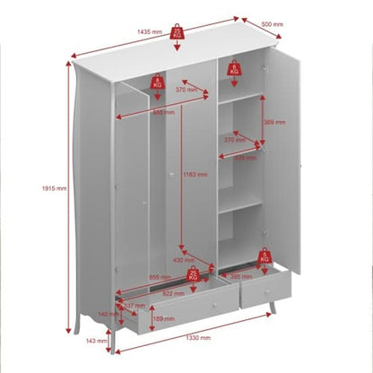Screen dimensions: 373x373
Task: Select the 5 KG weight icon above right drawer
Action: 265,258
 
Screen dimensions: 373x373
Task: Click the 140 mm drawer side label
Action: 108,315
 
